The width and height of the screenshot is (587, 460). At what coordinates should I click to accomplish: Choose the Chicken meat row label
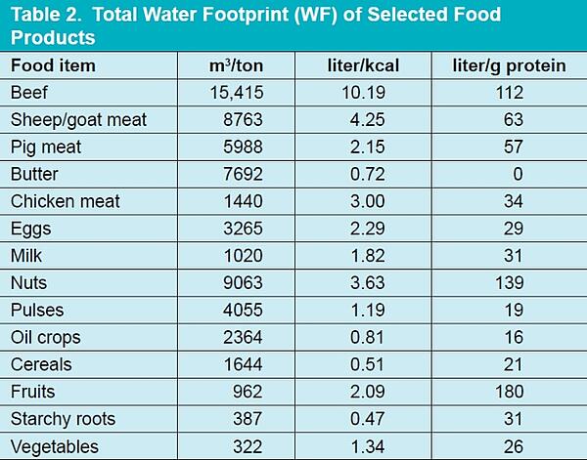(65, 201)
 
